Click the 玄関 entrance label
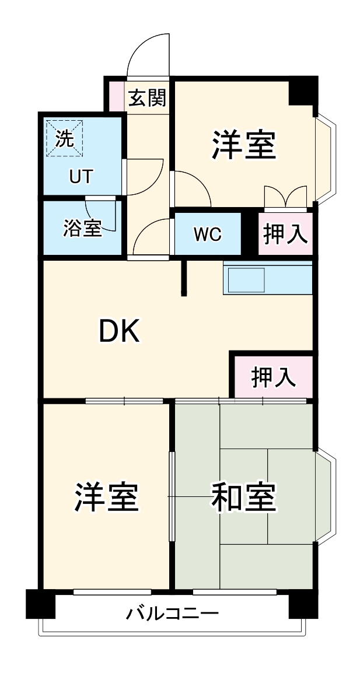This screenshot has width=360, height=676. tap(147, 98)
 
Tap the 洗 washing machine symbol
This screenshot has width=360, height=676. tap(65, 138)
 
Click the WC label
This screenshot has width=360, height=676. tap(208, 234)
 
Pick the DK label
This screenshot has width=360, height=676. tap(119, 332)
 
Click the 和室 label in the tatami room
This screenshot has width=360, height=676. tap(243, 497)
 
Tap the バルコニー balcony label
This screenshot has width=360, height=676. tap(173, 614)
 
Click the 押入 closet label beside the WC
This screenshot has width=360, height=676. tap(285, 234)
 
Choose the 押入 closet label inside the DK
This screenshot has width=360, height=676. tap(273, 377)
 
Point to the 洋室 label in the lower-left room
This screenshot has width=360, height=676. tap(106, 497)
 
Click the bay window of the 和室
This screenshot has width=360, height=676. tap(325, 496)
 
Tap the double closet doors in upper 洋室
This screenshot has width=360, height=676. tap(285, 197)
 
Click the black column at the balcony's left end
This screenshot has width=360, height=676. tap(40, 604)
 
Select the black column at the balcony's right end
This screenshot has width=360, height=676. tap(303, 604)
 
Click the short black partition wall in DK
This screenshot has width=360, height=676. tap(184, 278)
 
